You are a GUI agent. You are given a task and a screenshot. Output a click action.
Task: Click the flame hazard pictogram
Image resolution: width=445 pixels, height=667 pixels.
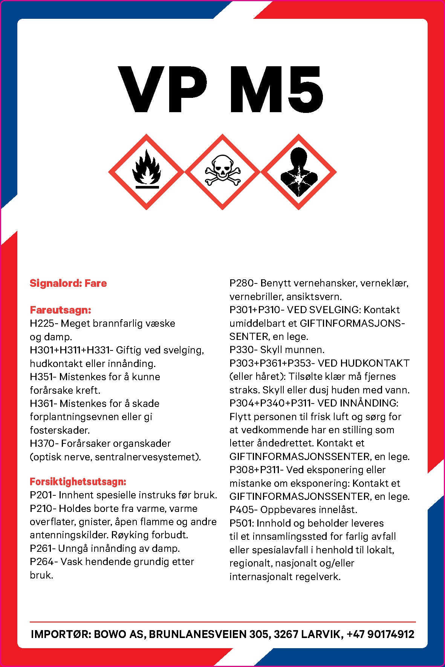[146, 172]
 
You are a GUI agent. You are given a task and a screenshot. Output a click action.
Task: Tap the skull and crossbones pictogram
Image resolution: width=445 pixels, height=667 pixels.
[222, 172]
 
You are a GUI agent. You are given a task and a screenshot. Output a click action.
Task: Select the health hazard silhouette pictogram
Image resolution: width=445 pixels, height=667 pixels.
[298, 172]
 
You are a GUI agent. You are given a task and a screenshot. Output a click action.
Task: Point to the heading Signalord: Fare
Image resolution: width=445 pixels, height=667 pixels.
[68, 283]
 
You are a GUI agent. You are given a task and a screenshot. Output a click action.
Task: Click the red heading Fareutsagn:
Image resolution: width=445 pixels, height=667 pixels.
[60, 310]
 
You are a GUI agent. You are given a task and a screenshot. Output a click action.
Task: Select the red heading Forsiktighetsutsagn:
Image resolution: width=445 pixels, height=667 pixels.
[78, 481]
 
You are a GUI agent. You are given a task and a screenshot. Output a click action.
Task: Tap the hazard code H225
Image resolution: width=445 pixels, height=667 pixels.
[42, 323]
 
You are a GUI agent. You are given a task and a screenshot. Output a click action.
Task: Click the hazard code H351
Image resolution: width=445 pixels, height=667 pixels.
[41, 377]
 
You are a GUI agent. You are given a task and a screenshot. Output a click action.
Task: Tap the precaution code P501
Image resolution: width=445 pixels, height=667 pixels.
[242, 523]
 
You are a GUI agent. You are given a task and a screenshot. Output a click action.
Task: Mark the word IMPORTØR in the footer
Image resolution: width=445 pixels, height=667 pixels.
[60, 634]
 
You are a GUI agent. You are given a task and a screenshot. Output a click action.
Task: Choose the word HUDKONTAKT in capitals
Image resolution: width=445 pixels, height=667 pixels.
[375, 363]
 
